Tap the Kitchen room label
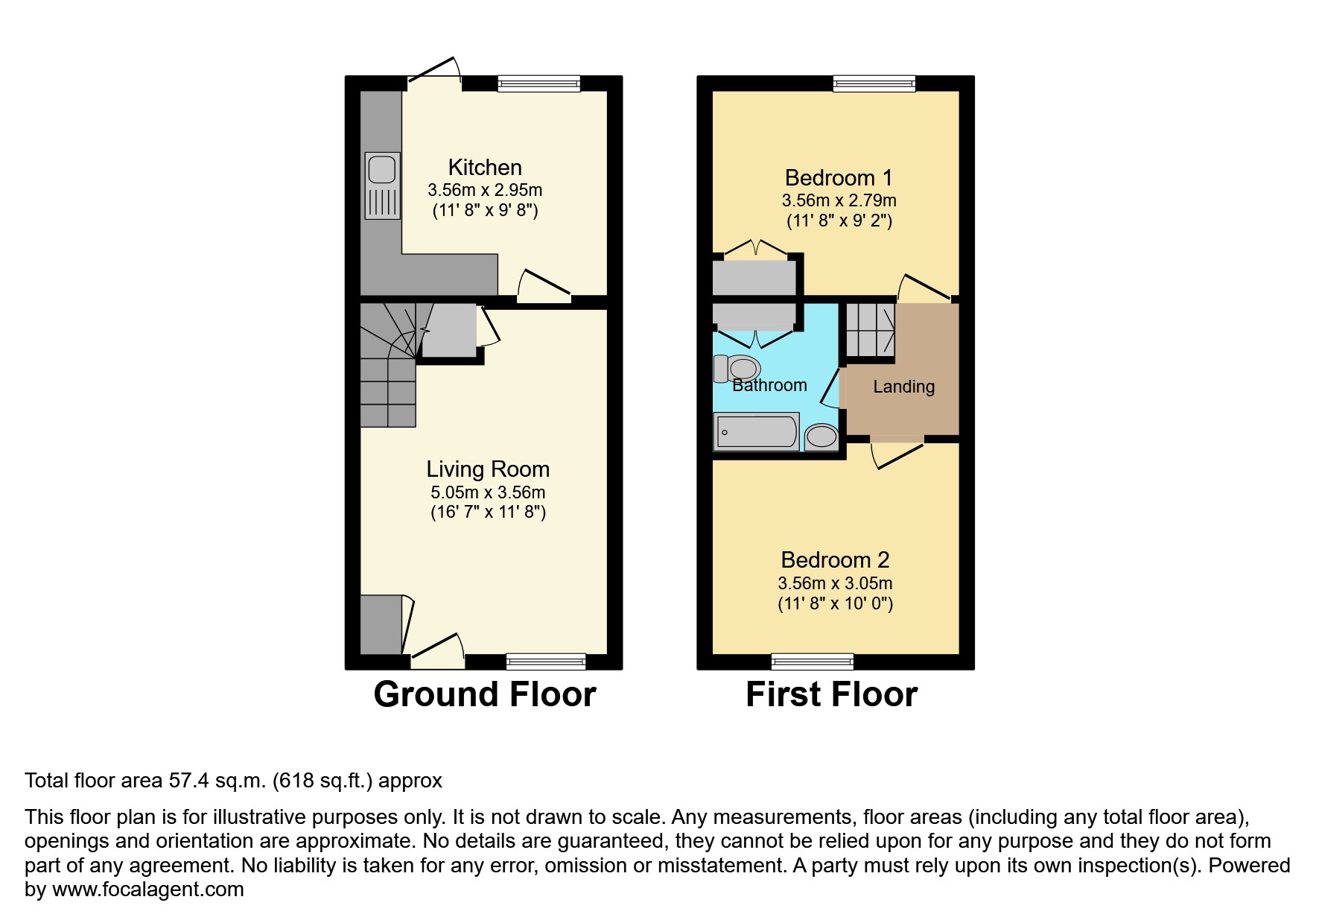coord(485,167)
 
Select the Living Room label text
coord(488,469)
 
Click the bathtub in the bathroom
coord(756,431)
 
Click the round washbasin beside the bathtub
coord(821,436)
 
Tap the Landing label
coord(903,386)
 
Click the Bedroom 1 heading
coord(839,177)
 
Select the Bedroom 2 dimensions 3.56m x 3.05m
coord(835,583)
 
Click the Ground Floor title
coord(485,694)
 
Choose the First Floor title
coord(831,694)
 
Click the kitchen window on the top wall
coord(538,83)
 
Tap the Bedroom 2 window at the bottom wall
coord(813,661)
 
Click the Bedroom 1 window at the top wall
coord(874,83)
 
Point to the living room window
coord(546,661)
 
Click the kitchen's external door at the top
coord(434,77)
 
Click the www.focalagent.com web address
coord(147,889)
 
